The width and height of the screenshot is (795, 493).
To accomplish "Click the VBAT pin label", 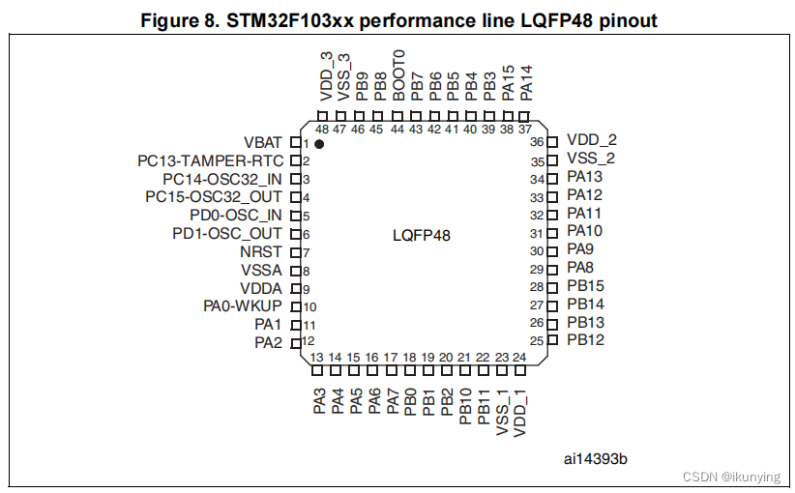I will (263, 143).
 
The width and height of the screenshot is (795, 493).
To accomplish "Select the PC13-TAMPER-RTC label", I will (210, 160).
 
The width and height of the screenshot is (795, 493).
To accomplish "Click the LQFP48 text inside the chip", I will (422, 235).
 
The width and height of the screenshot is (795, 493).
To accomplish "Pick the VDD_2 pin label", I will (591, 140).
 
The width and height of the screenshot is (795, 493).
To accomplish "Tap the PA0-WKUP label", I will (243, 306).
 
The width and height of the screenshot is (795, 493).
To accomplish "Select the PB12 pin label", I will (585, 340).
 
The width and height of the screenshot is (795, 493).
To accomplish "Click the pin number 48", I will (321, 130).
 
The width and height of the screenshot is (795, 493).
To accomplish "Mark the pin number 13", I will (316, 357).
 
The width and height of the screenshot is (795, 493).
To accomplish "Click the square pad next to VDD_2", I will (552, 142).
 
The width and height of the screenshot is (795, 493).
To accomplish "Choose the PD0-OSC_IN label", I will (236, 216).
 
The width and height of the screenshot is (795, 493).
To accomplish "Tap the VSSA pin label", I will (262, 270).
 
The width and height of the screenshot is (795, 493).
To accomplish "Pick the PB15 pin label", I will (585, 286).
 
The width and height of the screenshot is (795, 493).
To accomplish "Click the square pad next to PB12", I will (552, 339).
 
